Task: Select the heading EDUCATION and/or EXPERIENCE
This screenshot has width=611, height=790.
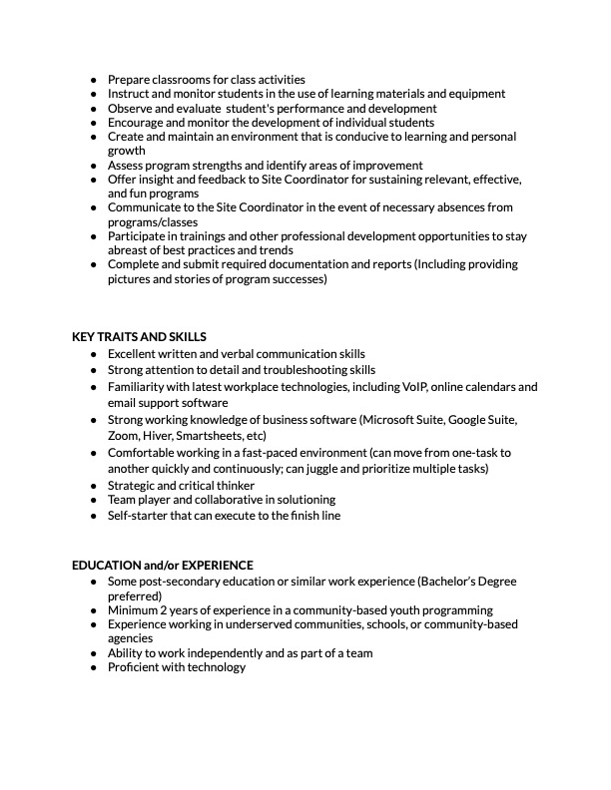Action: pos(163,566)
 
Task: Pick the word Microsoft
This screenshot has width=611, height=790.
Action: pos(392,420)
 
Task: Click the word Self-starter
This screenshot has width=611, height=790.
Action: pos(138,516)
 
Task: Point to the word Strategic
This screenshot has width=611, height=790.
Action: pos(133,485)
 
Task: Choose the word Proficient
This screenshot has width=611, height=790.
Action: pos(135,667)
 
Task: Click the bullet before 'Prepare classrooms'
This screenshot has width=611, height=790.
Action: pos(93,80)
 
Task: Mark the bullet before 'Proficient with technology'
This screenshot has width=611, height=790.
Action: pos(93,667)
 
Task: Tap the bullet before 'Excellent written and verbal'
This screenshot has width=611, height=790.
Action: pos(93,354)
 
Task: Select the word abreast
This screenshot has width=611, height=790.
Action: pos(130,250)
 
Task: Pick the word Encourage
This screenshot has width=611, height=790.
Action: pos(138,123)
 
